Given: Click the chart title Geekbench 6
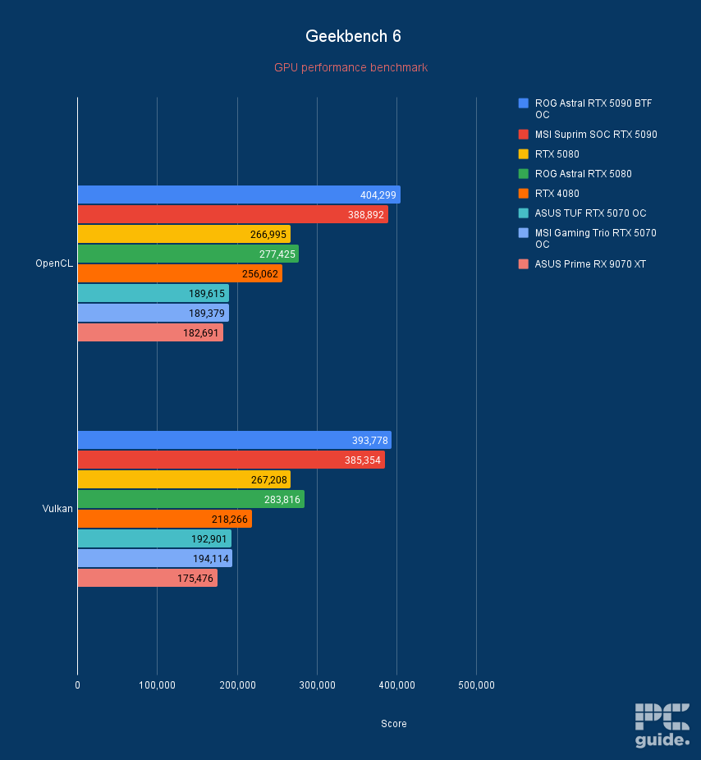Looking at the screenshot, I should click(x=353, y=36).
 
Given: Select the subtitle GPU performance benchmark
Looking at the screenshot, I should click(x=350, y=67).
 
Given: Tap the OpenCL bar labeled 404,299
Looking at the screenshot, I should click(x=238, y=195).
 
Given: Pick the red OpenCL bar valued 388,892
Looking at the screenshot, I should click(x=232, y=214).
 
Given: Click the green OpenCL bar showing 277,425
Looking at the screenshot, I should click(x=187, y=254).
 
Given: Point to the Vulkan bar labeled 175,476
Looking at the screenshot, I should click(x=147, y=579).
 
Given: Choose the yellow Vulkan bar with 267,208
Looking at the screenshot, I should click(x=183, y=479).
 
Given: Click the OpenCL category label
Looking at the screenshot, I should click(x=53, y=263).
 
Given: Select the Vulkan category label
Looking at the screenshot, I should click(x=57, y=509).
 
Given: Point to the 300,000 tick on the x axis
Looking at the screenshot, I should click(x=317, y=685).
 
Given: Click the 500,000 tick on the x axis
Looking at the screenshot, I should click(x=476, y=685).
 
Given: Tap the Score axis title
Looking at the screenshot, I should click(x=393, y=724).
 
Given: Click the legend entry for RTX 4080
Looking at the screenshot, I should click(x=557, y=194).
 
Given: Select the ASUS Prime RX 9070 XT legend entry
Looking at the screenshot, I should click(x=589, y=264).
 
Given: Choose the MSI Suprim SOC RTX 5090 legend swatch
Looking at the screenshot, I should click(x=523, y=135).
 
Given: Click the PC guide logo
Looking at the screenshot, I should click(x=662, y=725).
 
